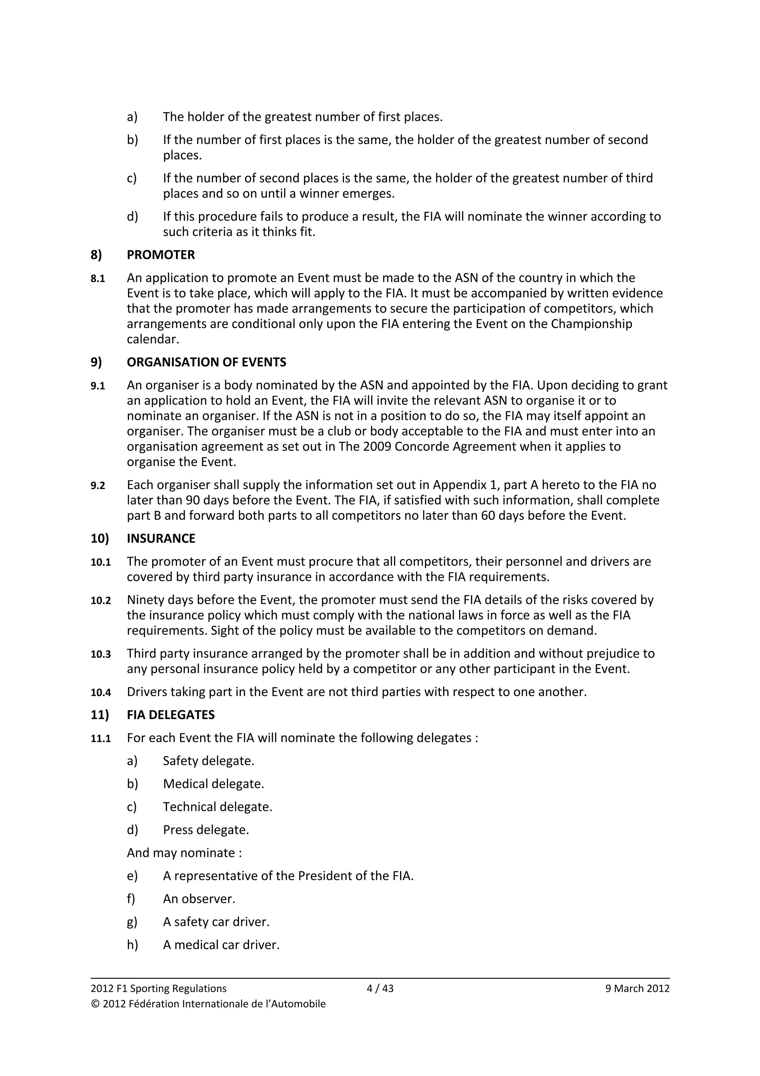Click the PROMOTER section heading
click(161, 255)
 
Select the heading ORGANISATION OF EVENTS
click(206, 362)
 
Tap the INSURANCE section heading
click(161, 538)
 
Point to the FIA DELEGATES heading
click(170, 715)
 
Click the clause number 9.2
click(98, 486)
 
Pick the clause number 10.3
click(101, 654)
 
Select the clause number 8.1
click(98, 279)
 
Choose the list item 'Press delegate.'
click(206, 829)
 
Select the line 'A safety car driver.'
click(216, 922)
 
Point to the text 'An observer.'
click(199, 899)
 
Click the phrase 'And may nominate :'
click(184, 852)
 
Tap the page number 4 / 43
click(380, 988)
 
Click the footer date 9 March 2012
click(637, 988)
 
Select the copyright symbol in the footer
click(95, 1004)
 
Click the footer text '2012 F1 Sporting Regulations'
click(158, 988)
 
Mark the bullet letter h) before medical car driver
click(132, 945)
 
